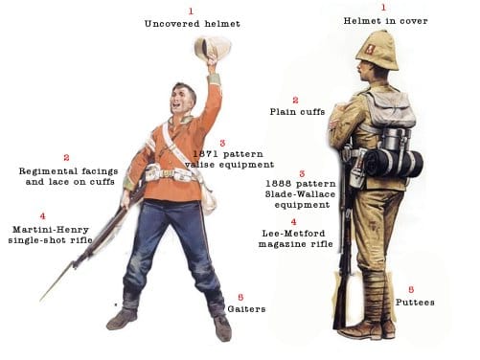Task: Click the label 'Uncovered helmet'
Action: [x=192, y=24]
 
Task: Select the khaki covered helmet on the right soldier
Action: [x=377, y=51]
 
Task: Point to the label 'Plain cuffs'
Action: [x=297, y=112]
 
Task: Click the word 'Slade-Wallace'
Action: [x=300, y=194]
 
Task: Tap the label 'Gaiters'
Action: [x=246, y=309]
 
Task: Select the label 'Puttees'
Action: [x=415, y=303]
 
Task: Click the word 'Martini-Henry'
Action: [x=51, y=230]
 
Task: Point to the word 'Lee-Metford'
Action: [x=293, y=234]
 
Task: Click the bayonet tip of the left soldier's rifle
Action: [x=40, y=301]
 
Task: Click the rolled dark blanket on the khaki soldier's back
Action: [x=394, y=164]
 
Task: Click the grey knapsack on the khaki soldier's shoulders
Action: [x=390, y=108]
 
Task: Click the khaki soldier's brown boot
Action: [x=367, y=330]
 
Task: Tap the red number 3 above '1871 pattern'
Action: [x=222, y=143]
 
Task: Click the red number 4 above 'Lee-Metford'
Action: [x=293, y=222]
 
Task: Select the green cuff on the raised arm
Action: [x=215, y=79]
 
